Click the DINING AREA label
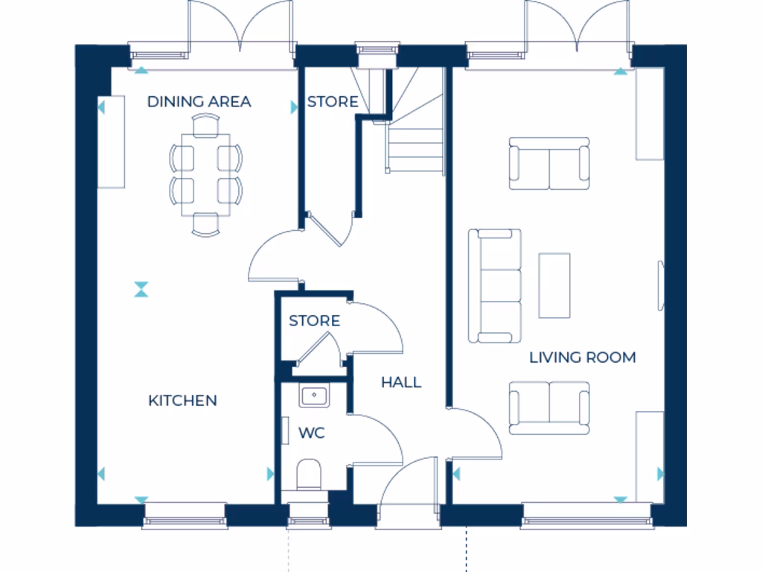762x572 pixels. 199,101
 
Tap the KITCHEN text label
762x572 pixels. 183,401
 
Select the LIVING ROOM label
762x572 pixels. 582,357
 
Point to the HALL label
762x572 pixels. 401,382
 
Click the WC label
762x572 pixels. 312,433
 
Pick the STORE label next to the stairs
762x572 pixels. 333,101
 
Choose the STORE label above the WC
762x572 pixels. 314,321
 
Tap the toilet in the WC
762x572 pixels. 308,474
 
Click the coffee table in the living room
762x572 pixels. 554,285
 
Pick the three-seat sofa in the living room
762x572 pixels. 495,285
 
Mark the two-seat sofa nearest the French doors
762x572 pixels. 549,163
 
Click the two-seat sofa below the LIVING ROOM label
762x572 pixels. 549,407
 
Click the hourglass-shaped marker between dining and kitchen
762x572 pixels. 141,289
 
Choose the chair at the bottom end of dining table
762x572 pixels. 205,224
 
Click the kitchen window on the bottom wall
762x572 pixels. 185,515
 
